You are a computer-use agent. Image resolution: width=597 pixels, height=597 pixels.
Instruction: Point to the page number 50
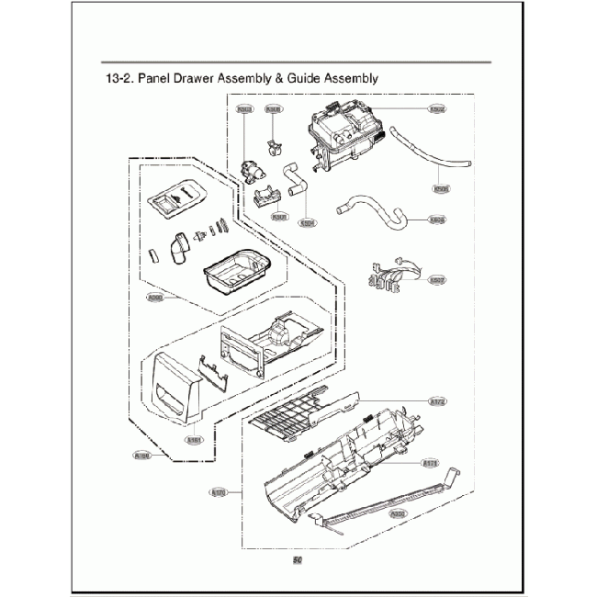coord(298,561)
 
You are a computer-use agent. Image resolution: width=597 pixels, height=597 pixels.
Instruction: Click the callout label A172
coord(437,401)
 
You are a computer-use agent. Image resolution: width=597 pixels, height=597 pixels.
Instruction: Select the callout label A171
coord(429,462)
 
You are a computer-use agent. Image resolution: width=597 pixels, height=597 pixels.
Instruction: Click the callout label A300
coord(156,296)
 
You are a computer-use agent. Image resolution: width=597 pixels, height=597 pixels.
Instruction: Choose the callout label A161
coord(194,439)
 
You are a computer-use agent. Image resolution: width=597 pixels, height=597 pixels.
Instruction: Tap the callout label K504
coord(309,221)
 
